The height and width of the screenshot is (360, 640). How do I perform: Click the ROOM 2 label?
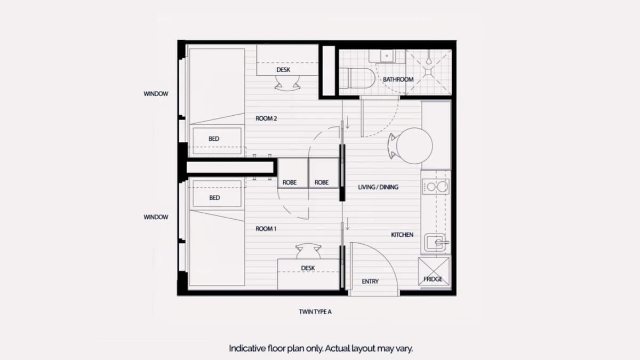[x=266, y=118]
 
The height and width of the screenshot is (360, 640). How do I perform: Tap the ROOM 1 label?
[x=266, y=229]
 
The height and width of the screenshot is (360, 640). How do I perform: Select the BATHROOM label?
[x=398, y=79]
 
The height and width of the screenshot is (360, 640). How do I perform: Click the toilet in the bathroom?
[x=357, y=78]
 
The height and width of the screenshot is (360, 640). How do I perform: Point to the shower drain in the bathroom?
[x=428, y=71]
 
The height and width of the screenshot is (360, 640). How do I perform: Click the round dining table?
[x=414, y=146]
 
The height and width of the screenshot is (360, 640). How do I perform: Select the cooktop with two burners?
[x=436, y=187]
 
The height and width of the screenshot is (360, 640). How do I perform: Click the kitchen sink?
[x=435, y=243]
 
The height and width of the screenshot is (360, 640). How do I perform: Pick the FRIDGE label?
[x=433, y=279]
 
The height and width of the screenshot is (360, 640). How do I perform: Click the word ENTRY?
[x=370, y=282]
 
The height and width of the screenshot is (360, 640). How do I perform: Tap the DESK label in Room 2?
[x=283, y=70]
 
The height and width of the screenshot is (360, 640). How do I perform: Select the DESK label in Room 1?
[x=308, y=268]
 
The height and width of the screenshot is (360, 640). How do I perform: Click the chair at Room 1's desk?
[x=308, y=251]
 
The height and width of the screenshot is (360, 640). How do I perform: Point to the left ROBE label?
[x=290, y=182]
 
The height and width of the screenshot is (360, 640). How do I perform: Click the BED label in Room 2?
[x=214, y=139]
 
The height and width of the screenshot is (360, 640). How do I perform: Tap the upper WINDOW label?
[x=156, y=94]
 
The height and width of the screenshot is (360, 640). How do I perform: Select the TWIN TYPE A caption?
[x=315, y=311]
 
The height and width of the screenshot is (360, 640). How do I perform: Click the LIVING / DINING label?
[x=378, y=187]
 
